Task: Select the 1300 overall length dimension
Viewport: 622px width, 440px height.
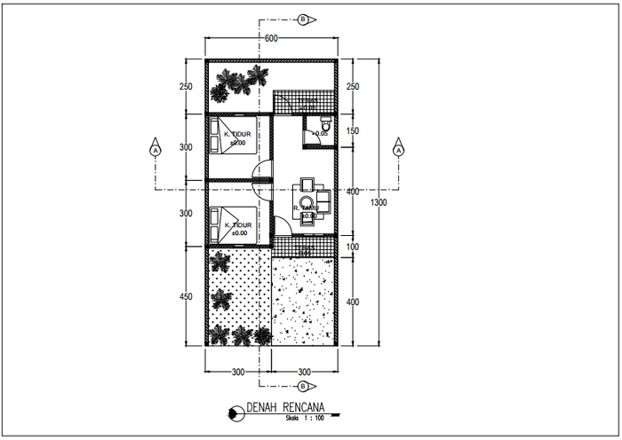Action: tap(379, 203)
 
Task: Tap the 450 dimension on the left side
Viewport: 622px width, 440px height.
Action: tap(186, 297)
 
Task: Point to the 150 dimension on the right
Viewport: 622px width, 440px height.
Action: tap(352, 131)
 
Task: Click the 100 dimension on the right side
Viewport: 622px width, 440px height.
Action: tap(352, 247)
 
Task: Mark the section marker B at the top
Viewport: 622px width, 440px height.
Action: tap(304, 19)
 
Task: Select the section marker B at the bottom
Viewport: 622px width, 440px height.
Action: tap(304, 387)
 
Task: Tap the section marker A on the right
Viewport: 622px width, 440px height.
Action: tap(397, 150)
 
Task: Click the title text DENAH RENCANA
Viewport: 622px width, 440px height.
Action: tap(284, 409)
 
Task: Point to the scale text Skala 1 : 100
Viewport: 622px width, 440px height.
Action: tap(305, 418)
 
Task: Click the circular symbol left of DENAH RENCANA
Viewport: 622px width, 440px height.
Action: tap(235, 411)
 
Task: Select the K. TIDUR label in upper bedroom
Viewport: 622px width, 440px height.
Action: tap(240, 135)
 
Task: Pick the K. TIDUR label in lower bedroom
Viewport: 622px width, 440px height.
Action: tap(240, 225)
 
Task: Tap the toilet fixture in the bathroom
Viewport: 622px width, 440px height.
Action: tap(324, 127)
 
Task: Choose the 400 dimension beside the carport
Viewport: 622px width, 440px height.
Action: tap(352, 302)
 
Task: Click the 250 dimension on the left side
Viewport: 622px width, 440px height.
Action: tap(186, 87)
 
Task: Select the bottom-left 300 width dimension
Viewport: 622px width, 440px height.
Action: tap(237, 372)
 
